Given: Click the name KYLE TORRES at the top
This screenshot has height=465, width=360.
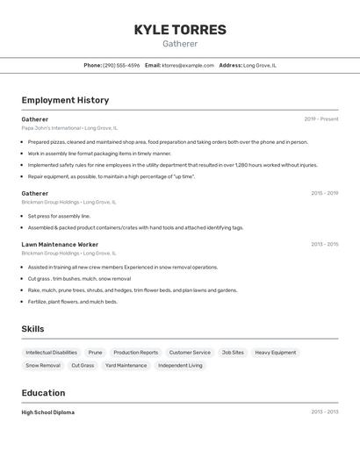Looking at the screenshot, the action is click(180, 30).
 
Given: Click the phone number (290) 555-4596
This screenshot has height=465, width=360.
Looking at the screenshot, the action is click(121, 65).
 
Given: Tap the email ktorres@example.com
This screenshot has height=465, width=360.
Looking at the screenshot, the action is click(188, 65).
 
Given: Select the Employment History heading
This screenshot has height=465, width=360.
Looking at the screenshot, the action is click(65, 100).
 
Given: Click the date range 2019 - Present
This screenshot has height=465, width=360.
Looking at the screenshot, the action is click(321, 118).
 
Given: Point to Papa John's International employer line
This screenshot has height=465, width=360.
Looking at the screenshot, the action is click(69, 128).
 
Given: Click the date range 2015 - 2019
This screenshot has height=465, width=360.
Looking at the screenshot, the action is click(324, 193).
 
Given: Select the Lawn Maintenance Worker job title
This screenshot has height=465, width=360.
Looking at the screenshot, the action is click(60, 245).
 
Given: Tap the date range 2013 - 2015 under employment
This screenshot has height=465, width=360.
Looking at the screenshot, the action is click(324, 245).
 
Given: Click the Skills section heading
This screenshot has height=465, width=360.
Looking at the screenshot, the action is click(33, 329).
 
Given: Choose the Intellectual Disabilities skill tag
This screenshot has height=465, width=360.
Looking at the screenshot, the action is click(51, 353).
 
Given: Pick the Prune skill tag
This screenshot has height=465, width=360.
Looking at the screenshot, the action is click(95, 353).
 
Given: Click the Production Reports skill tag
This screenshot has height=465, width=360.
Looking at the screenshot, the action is click(136, 353).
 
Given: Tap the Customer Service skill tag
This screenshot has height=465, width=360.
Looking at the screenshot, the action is click(190, 353).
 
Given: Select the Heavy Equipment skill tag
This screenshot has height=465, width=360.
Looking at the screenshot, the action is click(276, 353).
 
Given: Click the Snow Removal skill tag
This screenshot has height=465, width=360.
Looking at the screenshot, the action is click(43, 365).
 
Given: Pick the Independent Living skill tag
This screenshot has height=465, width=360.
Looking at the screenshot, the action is click(180, 365).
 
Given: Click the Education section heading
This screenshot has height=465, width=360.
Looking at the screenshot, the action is click(43, 393).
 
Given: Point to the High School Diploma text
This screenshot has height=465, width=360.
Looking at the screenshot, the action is click(48, 412).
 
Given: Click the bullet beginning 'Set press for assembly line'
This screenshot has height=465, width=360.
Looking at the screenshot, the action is click(59, 216).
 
